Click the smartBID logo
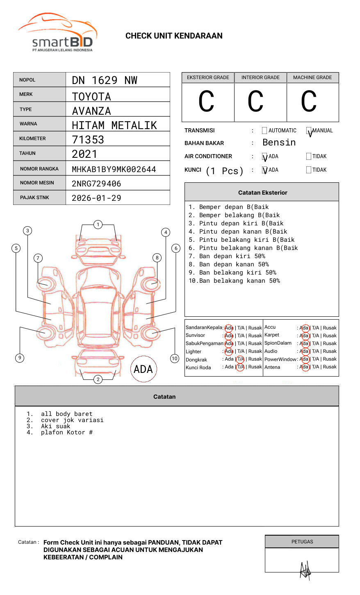[57, 33]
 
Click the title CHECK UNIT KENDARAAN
[174, 36]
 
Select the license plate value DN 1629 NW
[105, 80]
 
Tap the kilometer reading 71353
[88, 140]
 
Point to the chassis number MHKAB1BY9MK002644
[114, 169]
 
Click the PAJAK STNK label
[34, 198]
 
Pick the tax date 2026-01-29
[96, 198]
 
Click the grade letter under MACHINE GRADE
[309, 102]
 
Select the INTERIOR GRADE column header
[260, 77]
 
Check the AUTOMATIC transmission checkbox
[264, 131]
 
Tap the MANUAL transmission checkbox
[309, 131]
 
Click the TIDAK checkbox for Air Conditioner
[309, 157]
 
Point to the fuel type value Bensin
[279, 143]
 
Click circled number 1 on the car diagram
[98, 225]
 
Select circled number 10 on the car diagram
[175, 359]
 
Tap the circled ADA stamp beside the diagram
[143, 369]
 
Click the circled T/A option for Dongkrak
[240, 359]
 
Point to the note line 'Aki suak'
[55, 426]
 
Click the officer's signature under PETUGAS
[305, 570]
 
